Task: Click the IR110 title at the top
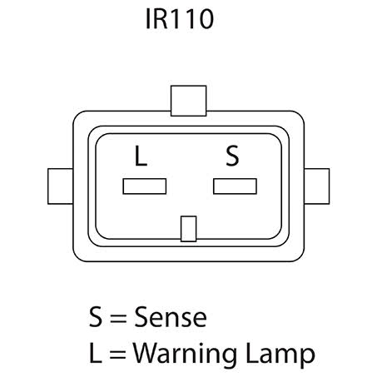pos(180,19)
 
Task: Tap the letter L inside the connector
pos(141,156)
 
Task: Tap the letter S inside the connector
pos(232,156)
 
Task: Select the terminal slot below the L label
pos(145,186)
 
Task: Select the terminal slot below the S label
pos(235,186)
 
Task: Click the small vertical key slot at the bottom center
pos(189,229)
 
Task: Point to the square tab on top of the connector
pos(189,101)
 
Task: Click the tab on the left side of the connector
pos(61,186)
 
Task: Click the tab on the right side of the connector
pos(317,186)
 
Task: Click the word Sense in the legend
pos(171,317)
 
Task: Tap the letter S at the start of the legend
pos(96,317)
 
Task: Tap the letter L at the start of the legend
pos(95,353)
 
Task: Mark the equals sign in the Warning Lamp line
pos(117,355)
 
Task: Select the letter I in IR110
pos(147,19)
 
